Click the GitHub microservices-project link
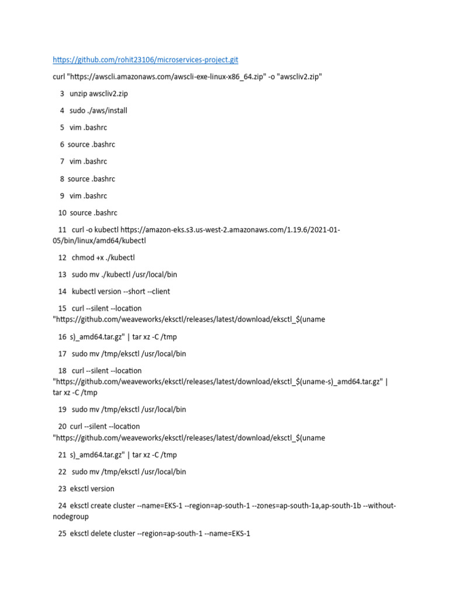[146, 60]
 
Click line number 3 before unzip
[62, 94]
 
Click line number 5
[62, 128]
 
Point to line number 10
[62, 213]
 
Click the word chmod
[82, 257]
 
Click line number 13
[62, 274]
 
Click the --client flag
[158, 291]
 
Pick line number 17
[62, 354]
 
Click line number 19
[62, 409]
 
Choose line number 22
[62, 471]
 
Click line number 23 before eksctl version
[62, 488]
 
